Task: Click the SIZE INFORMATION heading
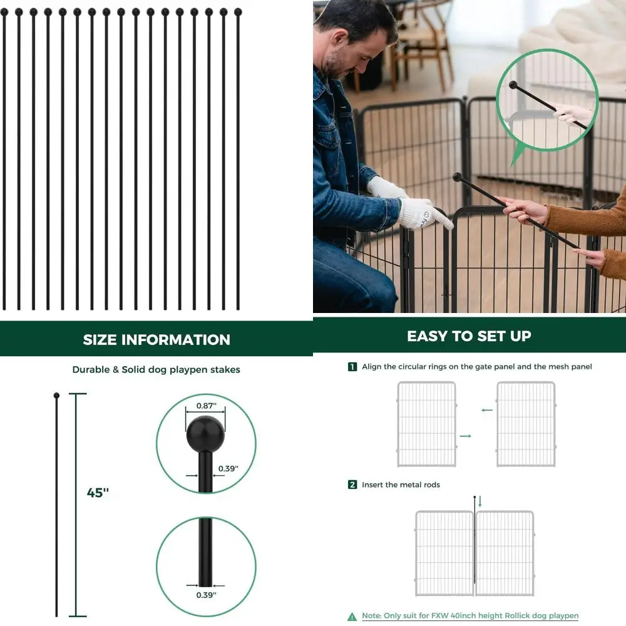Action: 156,340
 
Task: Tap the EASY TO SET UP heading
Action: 469,336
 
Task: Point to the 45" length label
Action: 98,493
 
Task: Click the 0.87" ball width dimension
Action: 205,406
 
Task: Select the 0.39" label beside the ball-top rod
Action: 228,468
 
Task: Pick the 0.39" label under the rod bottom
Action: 205,595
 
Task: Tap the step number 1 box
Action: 352,367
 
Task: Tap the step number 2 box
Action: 352,485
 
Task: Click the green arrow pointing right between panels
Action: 465,435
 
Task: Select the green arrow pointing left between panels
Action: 486,411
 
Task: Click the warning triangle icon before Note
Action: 353,616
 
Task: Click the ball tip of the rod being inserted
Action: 457,177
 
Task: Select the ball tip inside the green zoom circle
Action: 513,85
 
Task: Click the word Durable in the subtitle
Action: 91,369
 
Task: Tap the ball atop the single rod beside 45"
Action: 56,396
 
